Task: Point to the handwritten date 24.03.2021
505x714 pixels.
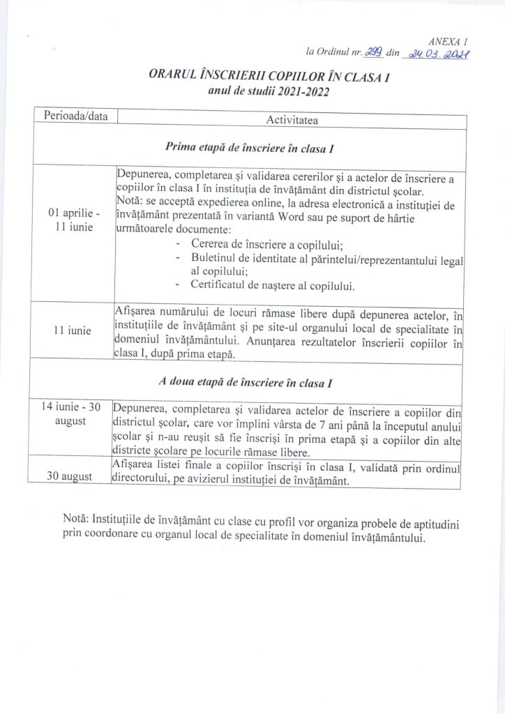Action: point(438,53)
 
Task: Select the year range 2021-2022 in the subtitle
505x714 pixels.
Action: point(293,91)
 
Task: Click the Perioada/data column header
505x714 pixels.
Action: point(76,116)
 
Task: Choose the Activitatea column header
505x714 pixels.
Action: point(292,120)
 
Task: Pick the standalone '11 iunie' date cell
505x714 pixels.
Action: point(73,331)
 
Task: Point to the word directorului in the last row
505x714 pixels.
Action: point(142,480)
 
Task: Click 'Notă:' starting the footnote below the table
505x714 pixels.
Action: point(77,522)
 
